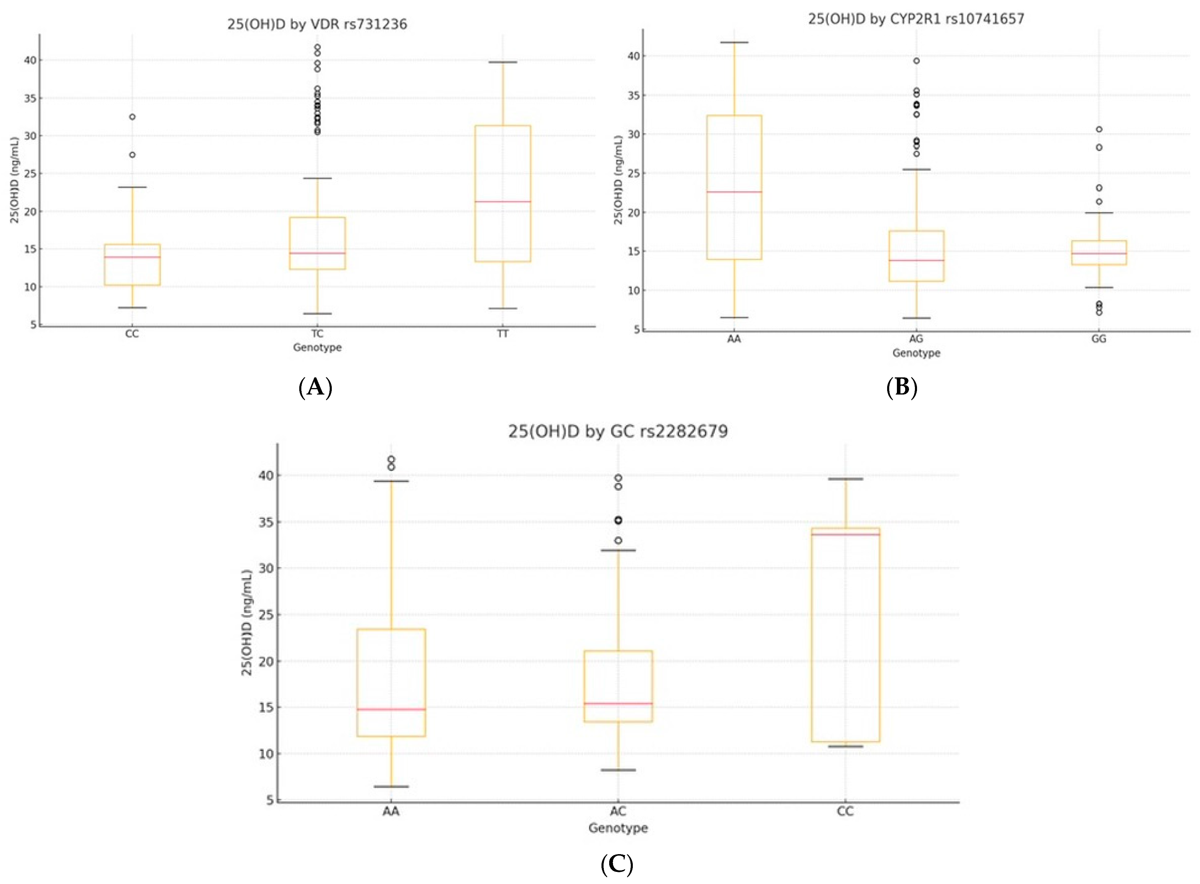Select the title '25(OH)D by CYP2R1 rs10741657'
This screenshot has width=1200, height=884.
click(916, 19)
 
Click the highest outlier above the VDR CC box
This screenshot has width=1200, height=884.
click(132, 117)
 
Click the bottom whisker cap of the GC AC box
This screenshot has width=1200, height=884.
click(618, 770)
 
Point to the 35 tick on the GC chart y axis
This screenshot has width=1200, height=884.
click(266, 522)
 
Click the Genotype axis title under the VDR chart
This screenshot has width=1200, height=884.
click(317, 347)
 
